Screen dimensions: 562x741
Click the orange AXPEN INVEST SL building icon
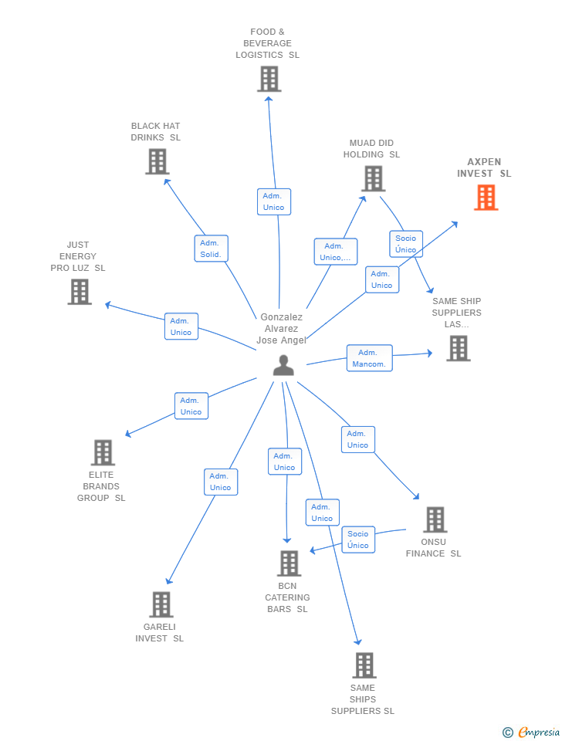point(486,198)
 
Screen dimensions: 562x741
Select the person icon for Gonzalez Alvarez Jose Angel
point(283,365)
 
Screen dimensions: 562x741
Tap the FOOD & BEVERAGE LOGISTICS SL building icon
point(269,79)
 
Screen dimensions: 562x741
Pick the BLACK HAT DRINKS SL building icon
point(157,161)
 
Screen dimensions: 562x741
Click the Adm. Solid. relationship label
point(211,249)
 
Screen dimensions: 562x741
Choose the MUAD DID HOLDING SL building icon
point(373,178)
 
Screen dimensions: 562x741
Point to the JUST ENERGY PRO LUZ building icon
point(80,292)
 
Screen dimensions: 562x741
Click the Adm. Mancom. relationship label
point(369,358)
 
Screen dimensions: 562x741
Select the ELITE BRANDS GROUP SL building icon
point(103,452)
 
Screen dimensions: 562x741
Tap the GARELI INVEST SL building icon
point(161,604)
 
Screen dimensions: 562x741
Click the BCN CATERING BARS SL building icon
point(289,563)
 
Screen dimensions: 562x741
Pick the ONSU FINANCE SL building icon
point(435,519)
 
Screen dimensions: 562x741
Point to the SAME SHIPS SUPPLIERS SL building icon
point(364,665)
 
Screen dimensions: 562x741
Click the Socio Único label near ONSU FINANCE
point(358,540)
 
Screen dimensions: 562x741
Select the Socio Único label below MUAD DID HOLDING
point(405,244)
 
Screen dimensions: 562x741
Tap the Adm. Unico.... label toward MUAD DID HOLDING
point(335,252)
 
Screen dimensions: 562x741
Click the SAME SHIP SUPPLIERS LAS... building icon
point(458,348)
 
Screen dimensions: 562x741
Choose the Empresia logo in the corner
point(532,732)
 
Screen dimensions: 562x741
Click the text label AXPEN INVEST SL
point(484,167)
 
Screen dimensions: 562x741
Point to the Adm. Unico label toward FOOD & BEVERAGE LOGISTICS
point(273,201)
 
